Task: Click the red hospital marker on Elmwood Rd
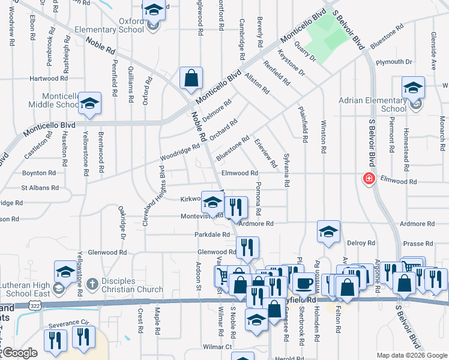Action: click(x=367, y=179)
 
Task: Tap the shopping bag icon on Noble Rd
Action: click(x=191, y=78)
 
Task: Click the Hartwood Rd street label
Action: click(x=49, y=79)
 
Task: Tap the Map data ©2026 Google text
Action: click(x=411, y=355)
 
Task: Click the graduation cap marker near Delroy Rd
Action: click(x=328, y=232)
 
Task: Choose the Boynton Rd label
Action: click(x=38, y=173)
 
